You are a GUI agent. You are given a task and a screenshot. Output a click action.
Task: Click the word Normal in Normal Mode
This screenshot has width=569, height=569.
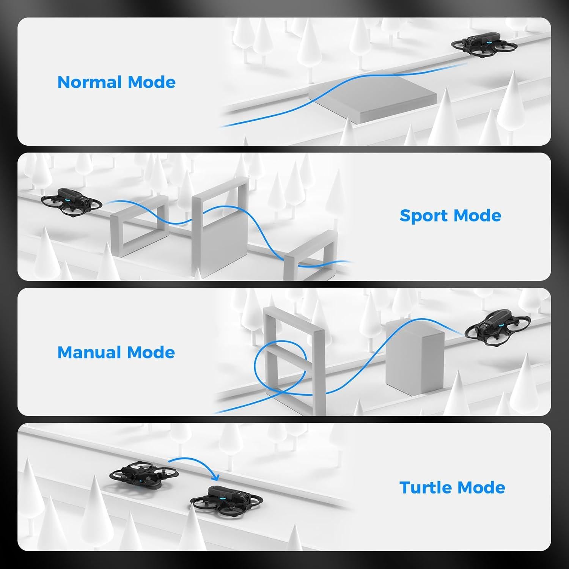[x=90, y=82]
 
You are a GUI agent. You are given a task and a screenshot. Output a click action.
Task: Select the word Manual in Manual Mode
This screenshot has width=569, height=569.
[x=90, y=352]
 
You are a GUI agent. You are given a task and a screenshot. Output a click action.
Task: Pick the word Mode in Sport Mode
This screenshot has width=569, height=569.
[x=478, y=215]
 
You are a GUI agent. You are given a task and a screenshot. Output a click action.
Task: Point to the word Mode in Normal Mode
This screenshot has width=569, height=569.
[x=151, y=82]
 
